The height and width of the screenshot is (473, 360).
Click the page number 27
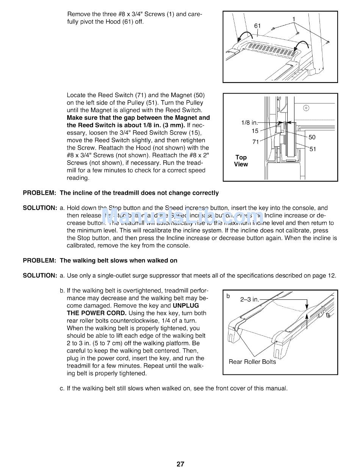pyautogui.click(x=180, y=464)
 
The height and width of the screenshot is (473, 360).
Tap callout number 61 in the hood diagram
pyautogui.click(x=257, y=26)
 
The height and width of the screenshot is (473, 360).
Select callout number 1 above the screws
pyautogui.click(x=293, y=19)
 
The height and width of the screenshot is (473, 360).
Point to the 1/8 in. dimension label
pyautogui.click(x=249, y=123)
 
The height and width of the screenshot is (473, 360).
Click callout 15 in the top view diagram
pyautogui.click(x=255, y=131)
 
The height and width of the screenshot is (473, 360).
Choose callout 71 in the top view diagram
pyautogui.click(x=255, y=142)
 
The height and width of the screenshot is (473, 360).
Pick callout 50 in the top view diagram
pyautogui.click(x=312, y=137)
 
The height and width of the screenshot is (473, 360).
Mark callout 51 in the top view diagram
pyautogui.click(x=313, y=149)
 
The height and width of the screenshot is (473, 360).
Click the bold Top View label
pyautogui.click(x=241, y=161)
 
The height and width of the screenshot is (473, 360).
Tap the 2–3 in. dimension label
pyautogui.click(x=250, y=299)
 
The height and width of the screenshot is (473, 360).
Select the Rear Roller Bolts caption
pyautogui.click(x=252, y=362)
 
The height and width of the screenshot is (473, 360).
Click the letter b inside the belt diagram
pyautogui.click(x=228, y=296)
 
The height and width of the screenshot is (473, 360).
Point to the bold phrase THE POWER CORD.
pyautogui.click(x=97, y=313)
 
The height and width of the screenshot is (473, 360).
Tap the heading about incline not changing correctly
pyautogui.click(x=139, y=193)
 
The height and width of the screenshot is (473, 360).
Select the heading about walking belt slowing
pyautogui.click(x=118, y=260)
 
